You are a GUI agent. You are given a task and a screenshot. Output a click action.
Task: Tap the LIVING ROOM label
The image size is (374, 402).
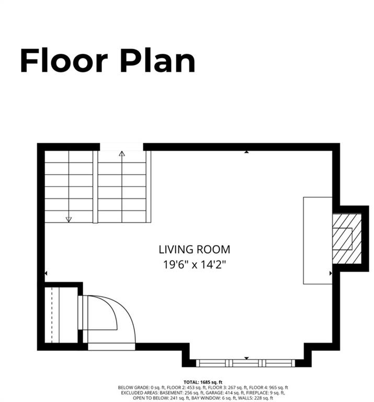pyautogui.click(x=194, y=250)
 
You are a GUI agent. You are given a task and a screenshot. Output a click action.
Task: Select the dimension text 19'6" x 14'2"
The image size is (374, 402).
pyautogui.click(x=194, y=264)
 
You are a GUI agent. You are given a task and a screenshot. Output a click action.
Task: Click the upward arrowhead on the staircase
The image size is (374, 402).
pyautogui.click(x=122, y=154)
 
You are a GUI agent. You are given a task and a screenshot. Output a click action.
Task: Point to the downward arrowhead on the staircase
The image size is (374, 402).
pyautogui.click(x=69, y=219)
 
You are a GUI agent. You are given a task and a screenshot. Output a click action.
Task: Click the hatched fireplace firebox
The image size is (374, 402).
pyautogui.click(x=346, y=239)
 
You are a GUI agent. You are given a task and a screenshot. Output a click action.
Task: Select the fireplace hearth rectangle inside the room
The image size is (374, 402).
pyautogui.click(x=318, y=240)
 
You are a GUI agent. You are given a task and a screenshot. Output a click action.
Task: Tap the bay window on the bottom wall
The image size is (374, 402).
pyautogui.click(x=246, y=363)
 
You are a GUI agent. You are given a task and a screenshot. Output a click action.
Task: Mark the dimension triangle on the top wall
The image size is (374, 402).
pyautogui.click(x=246, y=152)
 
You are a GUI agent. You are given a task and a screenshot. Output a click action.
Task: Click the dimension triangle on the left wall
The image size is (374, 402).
pyautogui.click(x=46, y=273)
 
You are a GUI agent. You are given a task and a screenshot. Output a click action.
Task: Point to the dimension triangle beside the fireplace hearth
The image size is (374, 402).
pyautogui.click(x=330, y=273)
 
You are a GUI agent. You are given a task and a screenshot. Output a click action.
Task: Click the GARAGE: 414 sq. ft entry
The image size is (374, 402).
pyautogui.click(x=233, y=392)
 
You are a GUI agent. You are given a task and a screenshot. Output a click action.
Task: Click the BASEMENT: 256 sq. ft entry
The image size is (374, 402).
pyautogui.click(x=189, y=392)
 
